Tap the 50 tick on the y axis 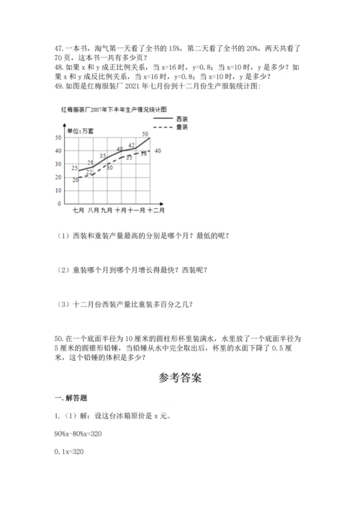(58, 137)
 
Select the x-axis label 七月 (79, 210)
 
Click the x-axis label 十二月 (156, 210)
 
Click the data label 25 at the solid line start (75, 167)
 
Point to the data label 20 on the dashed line (76, 179)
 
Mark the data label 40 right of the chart (157, 150)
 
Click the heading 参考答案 (180, 377)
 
